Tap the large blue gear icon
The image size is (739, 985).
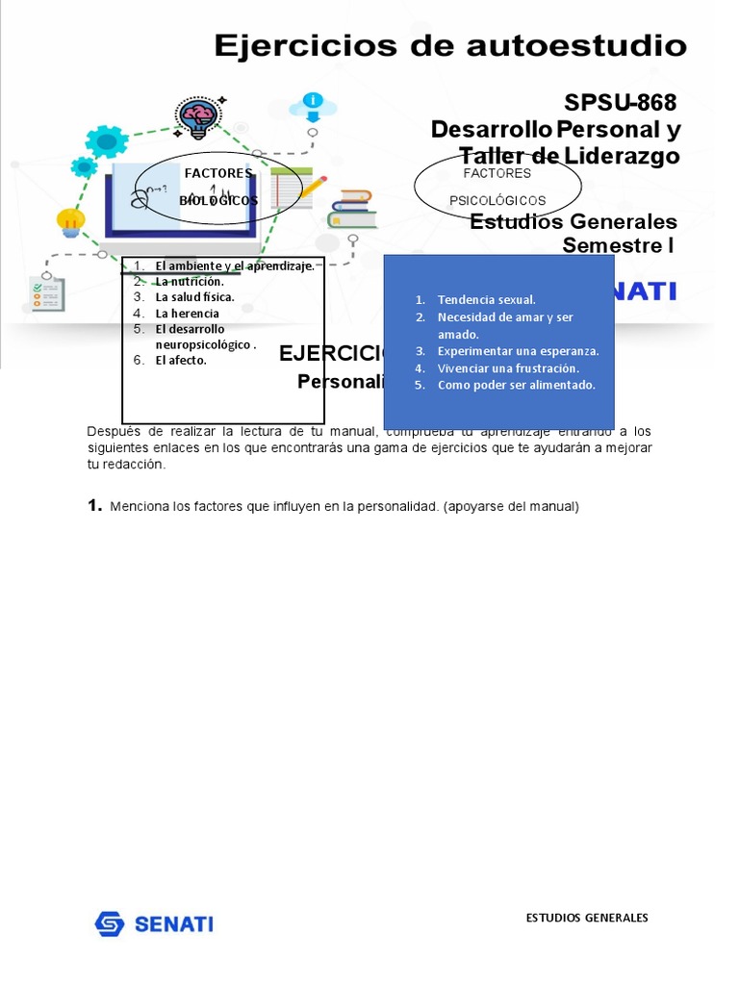click(106, 142)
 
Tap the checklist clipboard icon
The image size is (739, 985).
click(46, 293)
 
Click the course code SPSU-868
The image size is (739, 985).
click(621, 103)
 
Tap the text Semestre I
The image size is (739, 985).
click(618, 245)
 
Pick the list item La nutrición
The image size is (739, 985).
click(189, 282)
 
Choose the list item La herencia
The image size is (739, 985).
click(187, 314)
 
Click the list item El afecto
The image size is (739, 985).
click(181, 361)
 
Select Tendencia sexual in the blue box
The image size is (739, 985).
click(486, 300)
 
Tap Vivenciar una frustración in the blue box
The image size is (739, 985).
click(508, 368)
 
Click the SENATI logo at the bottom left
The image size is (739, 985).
click(154, 924)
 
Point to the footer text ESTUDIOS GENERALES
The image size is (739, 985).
click(587, 918)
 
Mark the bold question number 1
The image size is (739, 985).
click(94, 506)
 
